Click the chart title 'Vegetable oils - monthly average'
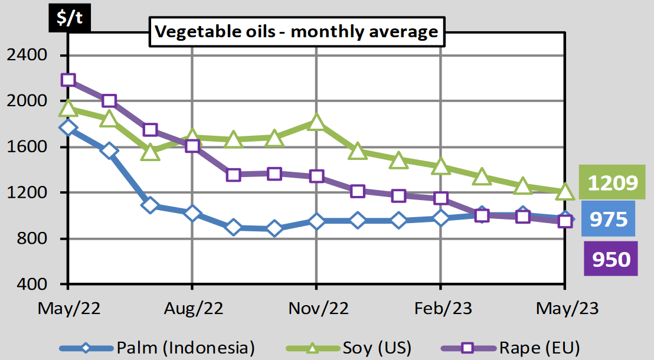[x=296, y=31]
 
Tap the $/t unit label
[x=70, y=17]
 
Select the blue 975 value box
[x=608, y=220]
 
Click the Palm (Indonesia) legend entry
[x=171, y=348]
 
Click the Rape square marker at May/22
[x=68, y=80]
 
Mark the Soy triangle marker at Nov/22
[x=316, y=123]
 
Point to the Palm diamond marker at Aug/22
[x=192, y=213]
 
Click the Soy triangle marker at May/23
[x=565, y=192]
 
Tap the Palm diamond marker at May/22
[x=68, y=127]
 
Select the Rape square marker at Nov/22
[x=316, y=176]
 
